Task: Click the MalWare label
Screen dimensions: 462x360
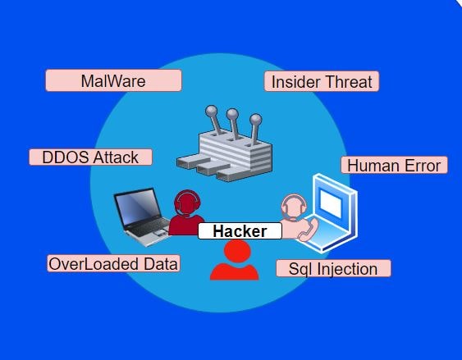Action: pos(114,80)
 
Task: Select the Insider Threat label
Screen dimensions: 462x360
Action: pos(322,81)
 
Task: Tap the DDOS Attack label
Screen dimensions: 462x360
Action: pos(91,157)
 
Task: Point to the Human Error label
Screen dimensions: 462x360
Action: pos(394,165)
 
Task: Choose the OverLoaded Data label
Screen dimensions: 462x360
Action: pos(113,263)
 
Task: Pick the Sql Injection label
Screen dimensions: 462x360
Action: pos(333,268)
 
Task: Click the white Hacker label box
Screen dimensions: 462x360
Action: pos(240,230)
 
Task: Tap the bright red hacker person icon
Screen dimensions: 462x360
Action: pos(235,260)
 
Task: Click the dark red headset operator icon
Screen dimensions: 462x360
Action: pos(186,212)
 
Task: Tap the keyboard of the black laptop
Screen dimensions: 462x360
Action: pos(149,227)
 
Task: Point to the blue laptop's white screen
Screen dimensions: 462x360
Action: pos(331,203)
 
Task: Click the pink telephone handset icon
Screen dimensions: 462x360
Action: pos(309,230)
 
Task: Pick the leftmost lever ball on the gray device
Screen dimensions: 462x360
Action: pos(211,112)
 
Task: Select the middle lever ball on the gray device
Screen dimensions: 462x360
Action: pos(232,114)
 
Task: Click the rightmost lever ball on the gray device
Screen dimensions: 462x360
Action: pos(255,120)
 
